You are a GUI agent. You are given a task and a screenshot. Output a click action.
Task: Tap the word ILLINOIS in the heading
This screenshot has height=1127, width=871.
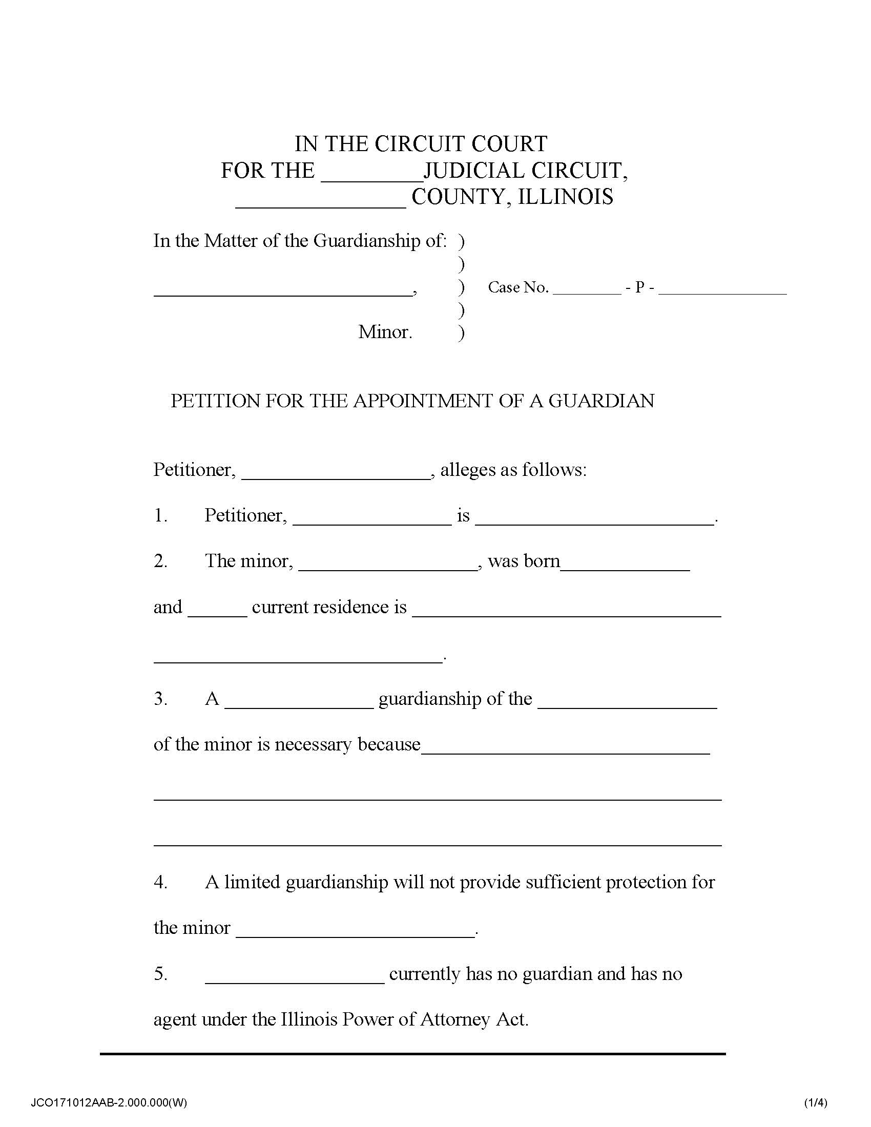[566, 197]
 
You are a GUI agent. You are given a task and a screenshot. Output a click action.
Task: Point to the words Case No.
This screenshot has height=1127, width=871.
[517, 287]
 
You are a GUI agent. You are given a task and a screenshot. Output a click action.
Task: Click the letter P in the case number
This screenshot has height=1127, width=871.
[639, 287]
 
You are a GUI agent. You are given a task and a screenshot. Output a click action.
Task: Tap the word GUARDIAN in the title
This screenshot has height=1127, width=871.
[600, 401]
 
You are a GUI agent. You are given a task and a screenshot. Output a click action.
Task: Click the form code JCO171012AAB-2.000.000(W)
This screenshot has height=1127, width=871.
[109, 1103]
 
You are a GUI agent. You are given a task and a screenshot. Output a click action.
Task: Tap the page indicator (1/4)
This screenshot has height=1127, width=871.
[816, 1103]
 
